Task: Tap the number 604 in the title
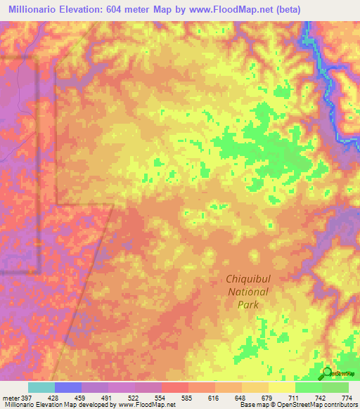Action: coord(132,10)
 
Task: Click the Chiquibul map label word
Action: coord(247,279)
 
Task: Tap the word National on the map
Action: coord(247,292)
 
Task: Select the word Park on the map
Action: coord(247,304)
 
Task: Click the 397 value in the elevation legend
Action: coord(26,398)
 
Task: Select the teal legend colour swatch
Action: coord(41,387)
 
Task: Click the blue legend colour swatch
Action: coord(67,387)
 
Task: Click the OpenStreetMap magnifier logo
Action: coord(326,372)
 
